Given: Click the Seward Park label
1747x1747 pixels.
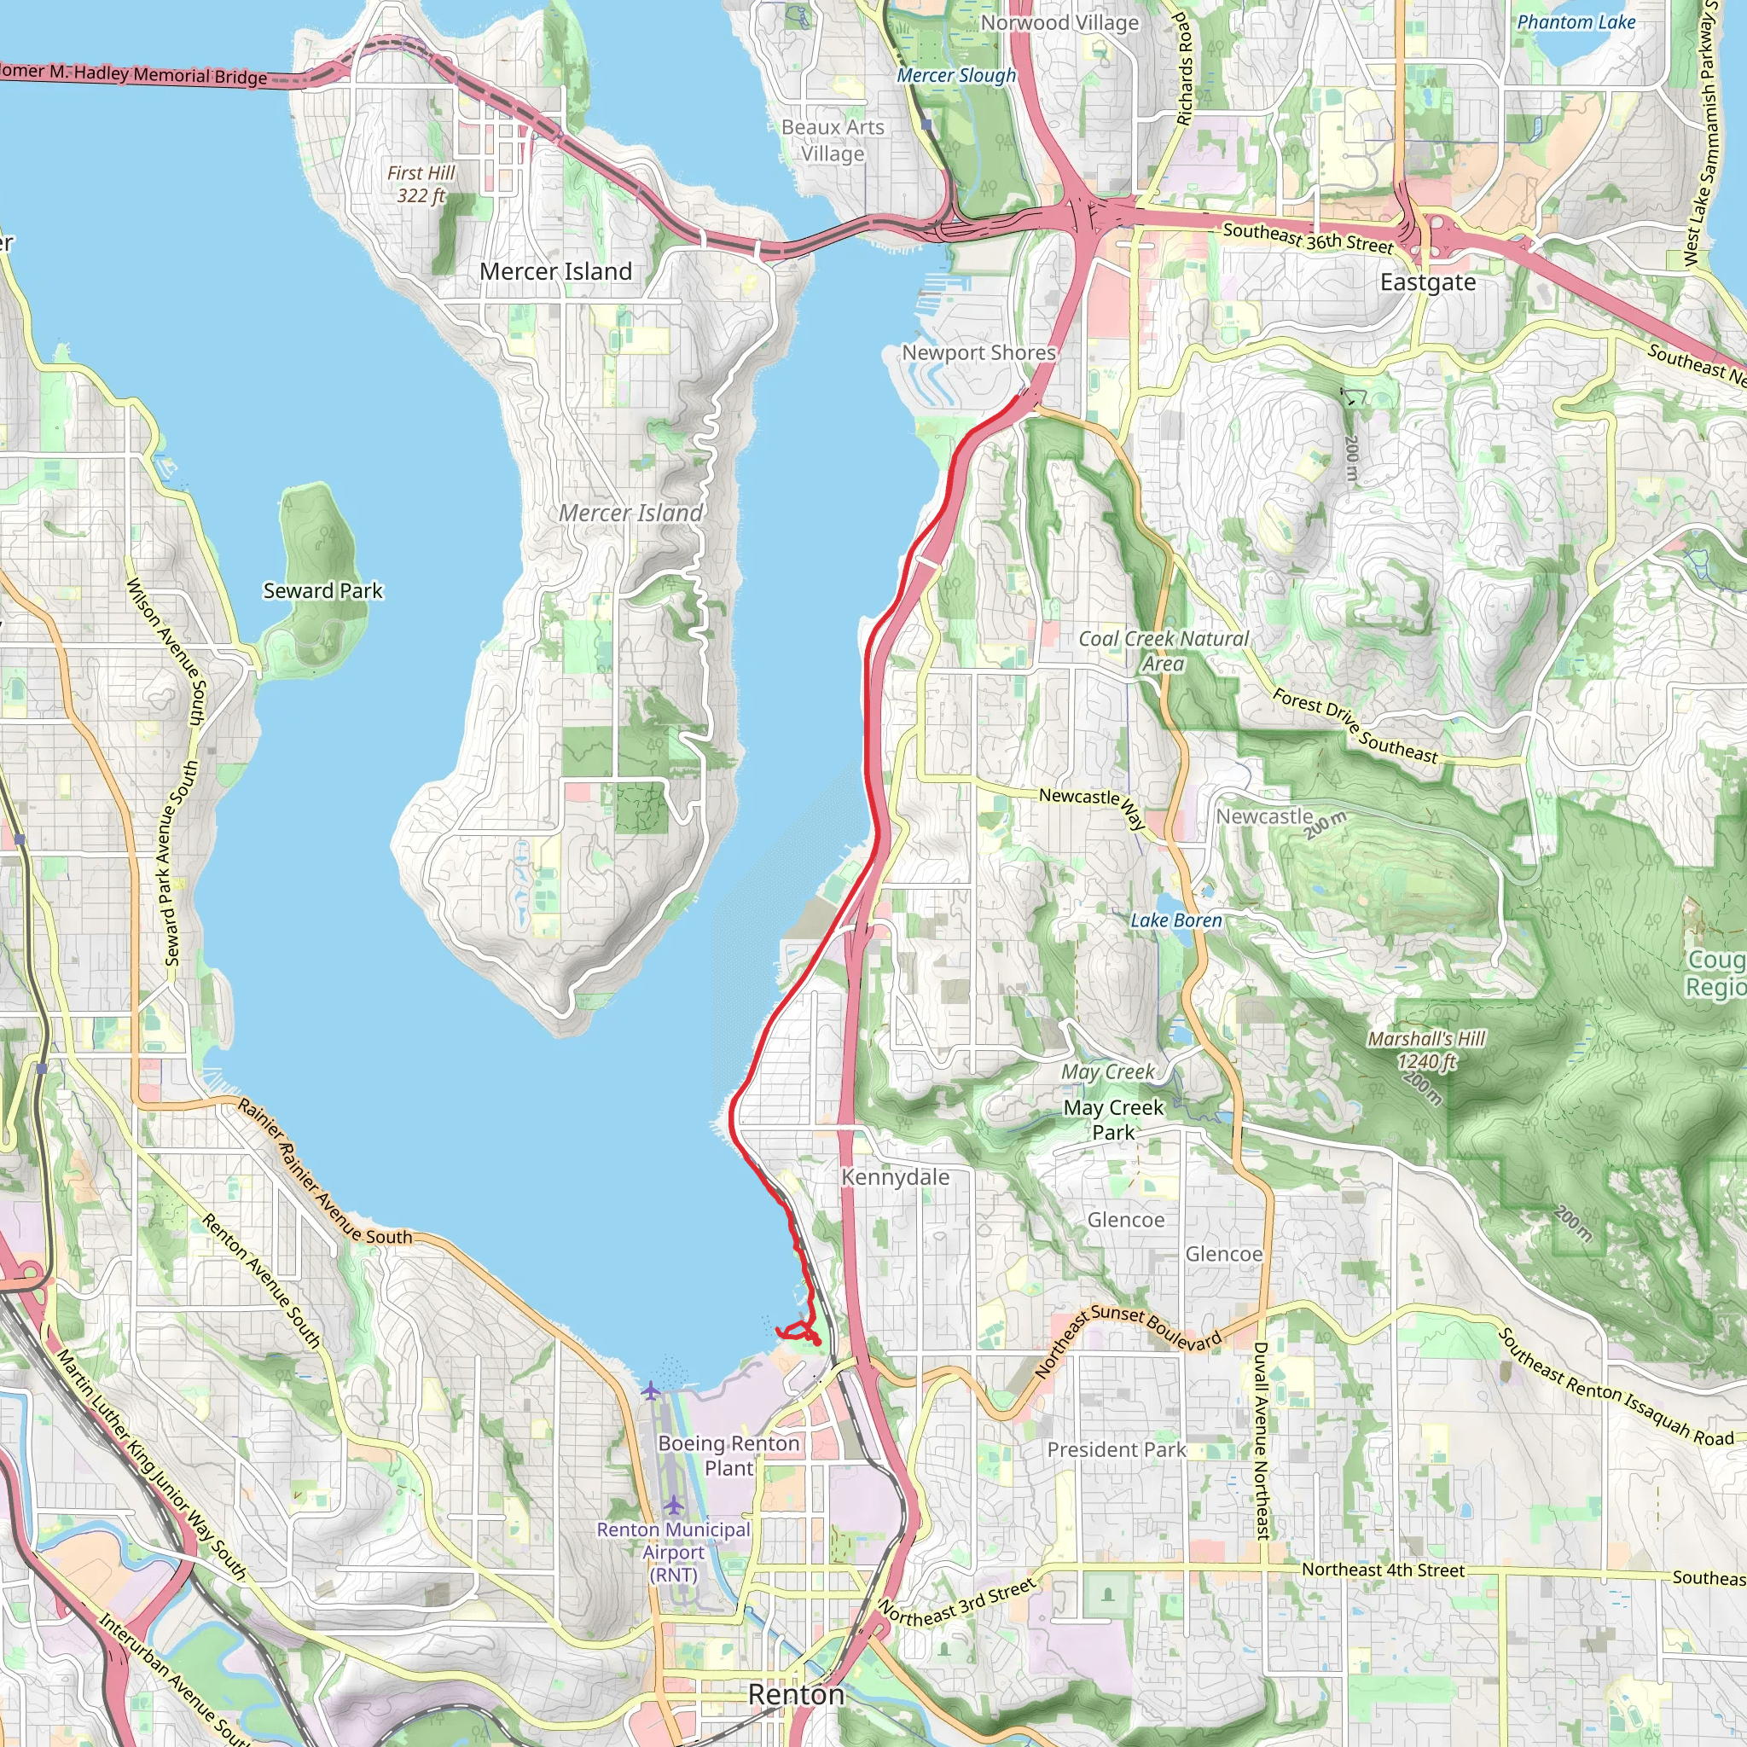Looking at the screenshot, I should pos(322,590).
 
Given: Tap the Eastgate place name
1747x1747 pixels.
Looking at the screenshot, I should pos(1427,282).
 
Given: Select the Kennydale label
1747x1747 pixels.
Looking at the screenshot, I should pos(894,1176).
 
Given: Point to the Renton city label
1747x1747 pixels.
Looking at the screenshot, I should pos(796,1693).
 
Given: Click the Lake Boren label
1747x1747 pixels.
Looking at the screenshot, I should pos(1175,920).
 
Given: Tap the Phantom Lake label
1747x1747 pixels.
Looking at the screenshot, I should pos(1576,23).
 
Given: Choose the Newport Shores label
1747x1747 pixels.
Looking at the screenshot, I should pos(978,352).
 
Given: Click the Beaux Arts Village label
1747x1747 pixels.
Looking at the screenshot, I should pos(832,140).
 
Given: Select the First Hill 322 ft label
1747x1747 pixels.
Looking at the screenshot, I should pos(421,183).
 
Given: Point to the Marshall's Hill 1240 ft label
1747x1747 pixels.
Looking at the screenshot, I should pos(1426,1050).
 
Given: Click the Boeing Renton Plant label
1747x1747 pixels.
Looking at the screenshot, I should pos(728,1455).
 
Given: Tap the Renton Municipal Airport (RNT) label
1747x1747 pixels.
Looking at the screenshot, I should pos(674,1552).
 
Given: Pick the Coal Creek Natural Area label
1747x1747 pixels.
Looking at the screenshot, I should pos(1163,650).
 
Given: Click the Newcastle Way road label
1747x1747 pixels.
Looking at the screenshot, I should pos(1093,805).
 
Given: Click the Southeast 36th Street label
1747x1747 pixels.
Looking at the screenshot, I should pos(1308,238).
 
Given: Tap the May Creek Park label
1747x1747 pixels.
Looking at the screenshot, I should pos(1113,1119).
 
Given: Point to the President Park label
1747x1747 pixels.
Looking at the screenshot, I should pos(1116,1449).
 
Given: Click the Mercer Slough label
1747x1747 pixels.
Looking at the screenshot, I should pos(955,76).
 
